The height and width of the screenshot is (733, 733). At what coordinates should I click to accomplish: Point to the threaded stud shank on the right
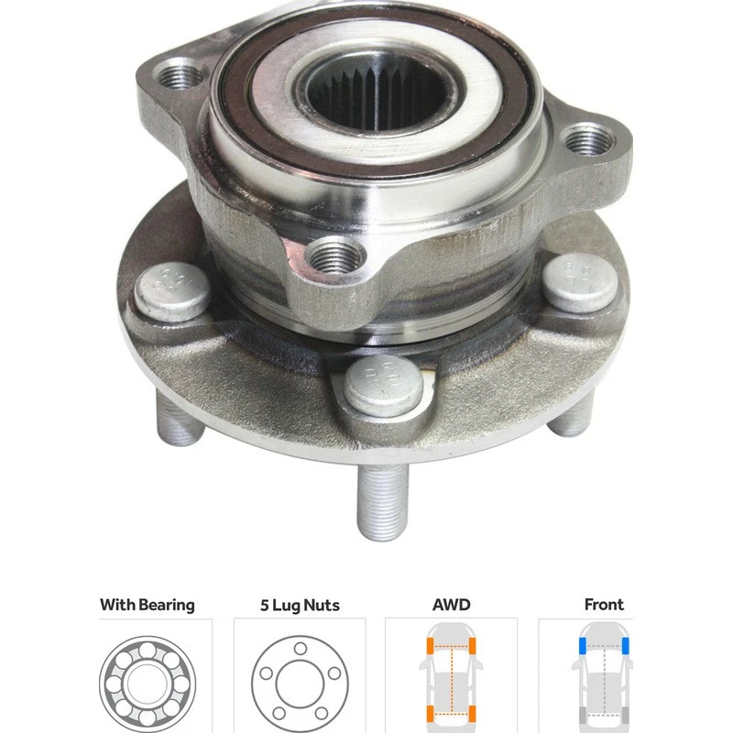pyautogui.click(x=570, y=417)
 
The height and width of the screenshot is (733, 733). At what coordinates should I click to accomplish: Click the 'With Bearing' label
pyautogui.click(x=147, y=605)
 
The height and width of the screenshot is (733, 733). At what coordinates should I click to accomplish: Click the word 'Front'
pyautogui.click(x=604, y=605)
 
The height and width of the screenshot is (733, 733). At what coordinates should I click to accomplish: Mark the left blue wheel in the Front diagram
pyautogui.click(x=581, y=647)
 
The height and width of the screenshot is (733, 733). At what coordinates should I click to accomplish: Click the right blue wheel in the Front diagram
pyautogui.click(x=629, y=647)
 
